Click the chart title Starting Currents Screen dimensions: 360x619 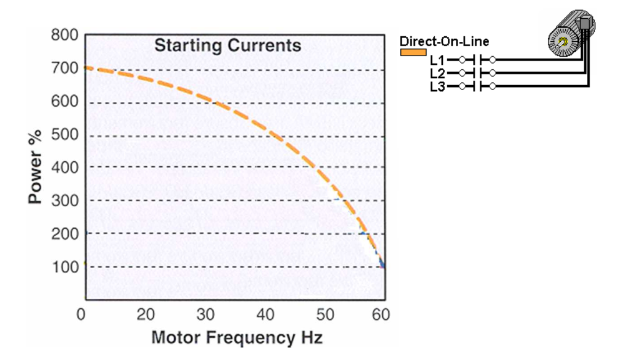click(x=227, y=46)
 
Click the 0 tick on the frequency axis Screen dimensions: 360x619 click(x=81, y=314)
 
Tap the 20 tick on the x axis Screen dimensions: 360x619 click(x=146, y=314)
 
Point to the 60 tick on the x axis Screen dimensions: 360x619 click(x=381, y=314)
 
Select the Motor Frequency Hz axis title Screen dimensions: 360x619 click(x=237, y=339)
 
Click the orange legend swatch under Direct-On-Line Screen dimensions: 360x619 click(x=413, y=52)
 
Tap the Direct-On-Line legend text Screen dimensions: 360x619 click(x=444, y=42)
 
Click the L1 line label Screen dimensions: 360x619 click(x=437, y=61)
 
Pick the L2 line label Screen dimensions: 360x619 click(x=437, y=74)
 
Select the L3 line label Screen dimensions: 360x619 click(x=437, y=86)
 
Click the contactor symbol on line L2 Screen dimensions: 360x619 click(x=477, y=73)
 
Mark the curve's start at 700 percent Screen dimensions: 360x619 click(x=85, y=67)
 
